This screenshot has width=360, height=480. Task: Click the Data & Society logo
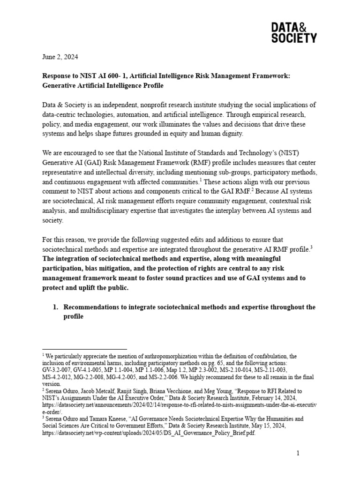294,32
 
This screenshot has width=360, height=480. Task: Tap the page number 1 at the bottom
297,453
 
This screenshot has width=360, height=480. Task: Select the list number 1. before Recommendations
55,307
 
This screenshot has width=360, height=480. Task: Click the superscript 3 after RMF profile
311,247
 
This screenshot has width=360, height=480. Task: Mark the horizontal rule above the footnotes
84,349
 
